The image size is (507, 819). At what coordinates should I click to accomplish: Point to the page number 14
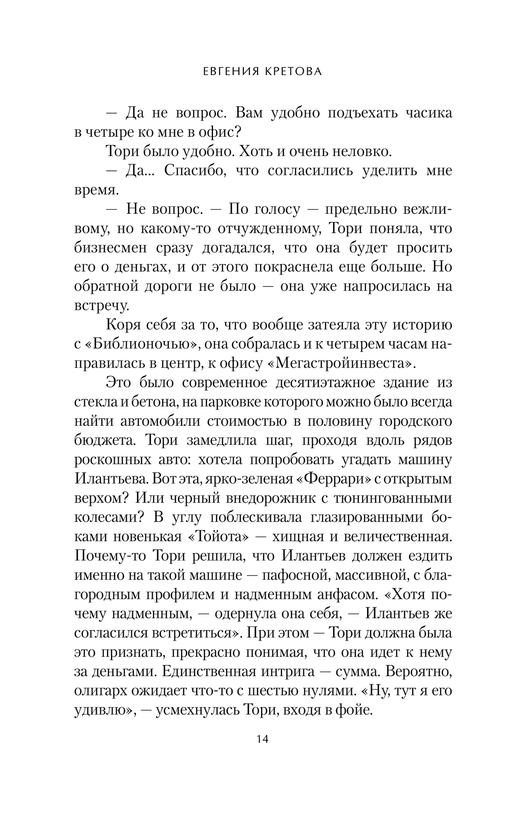pyautogui.click(x=263, y=753)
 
